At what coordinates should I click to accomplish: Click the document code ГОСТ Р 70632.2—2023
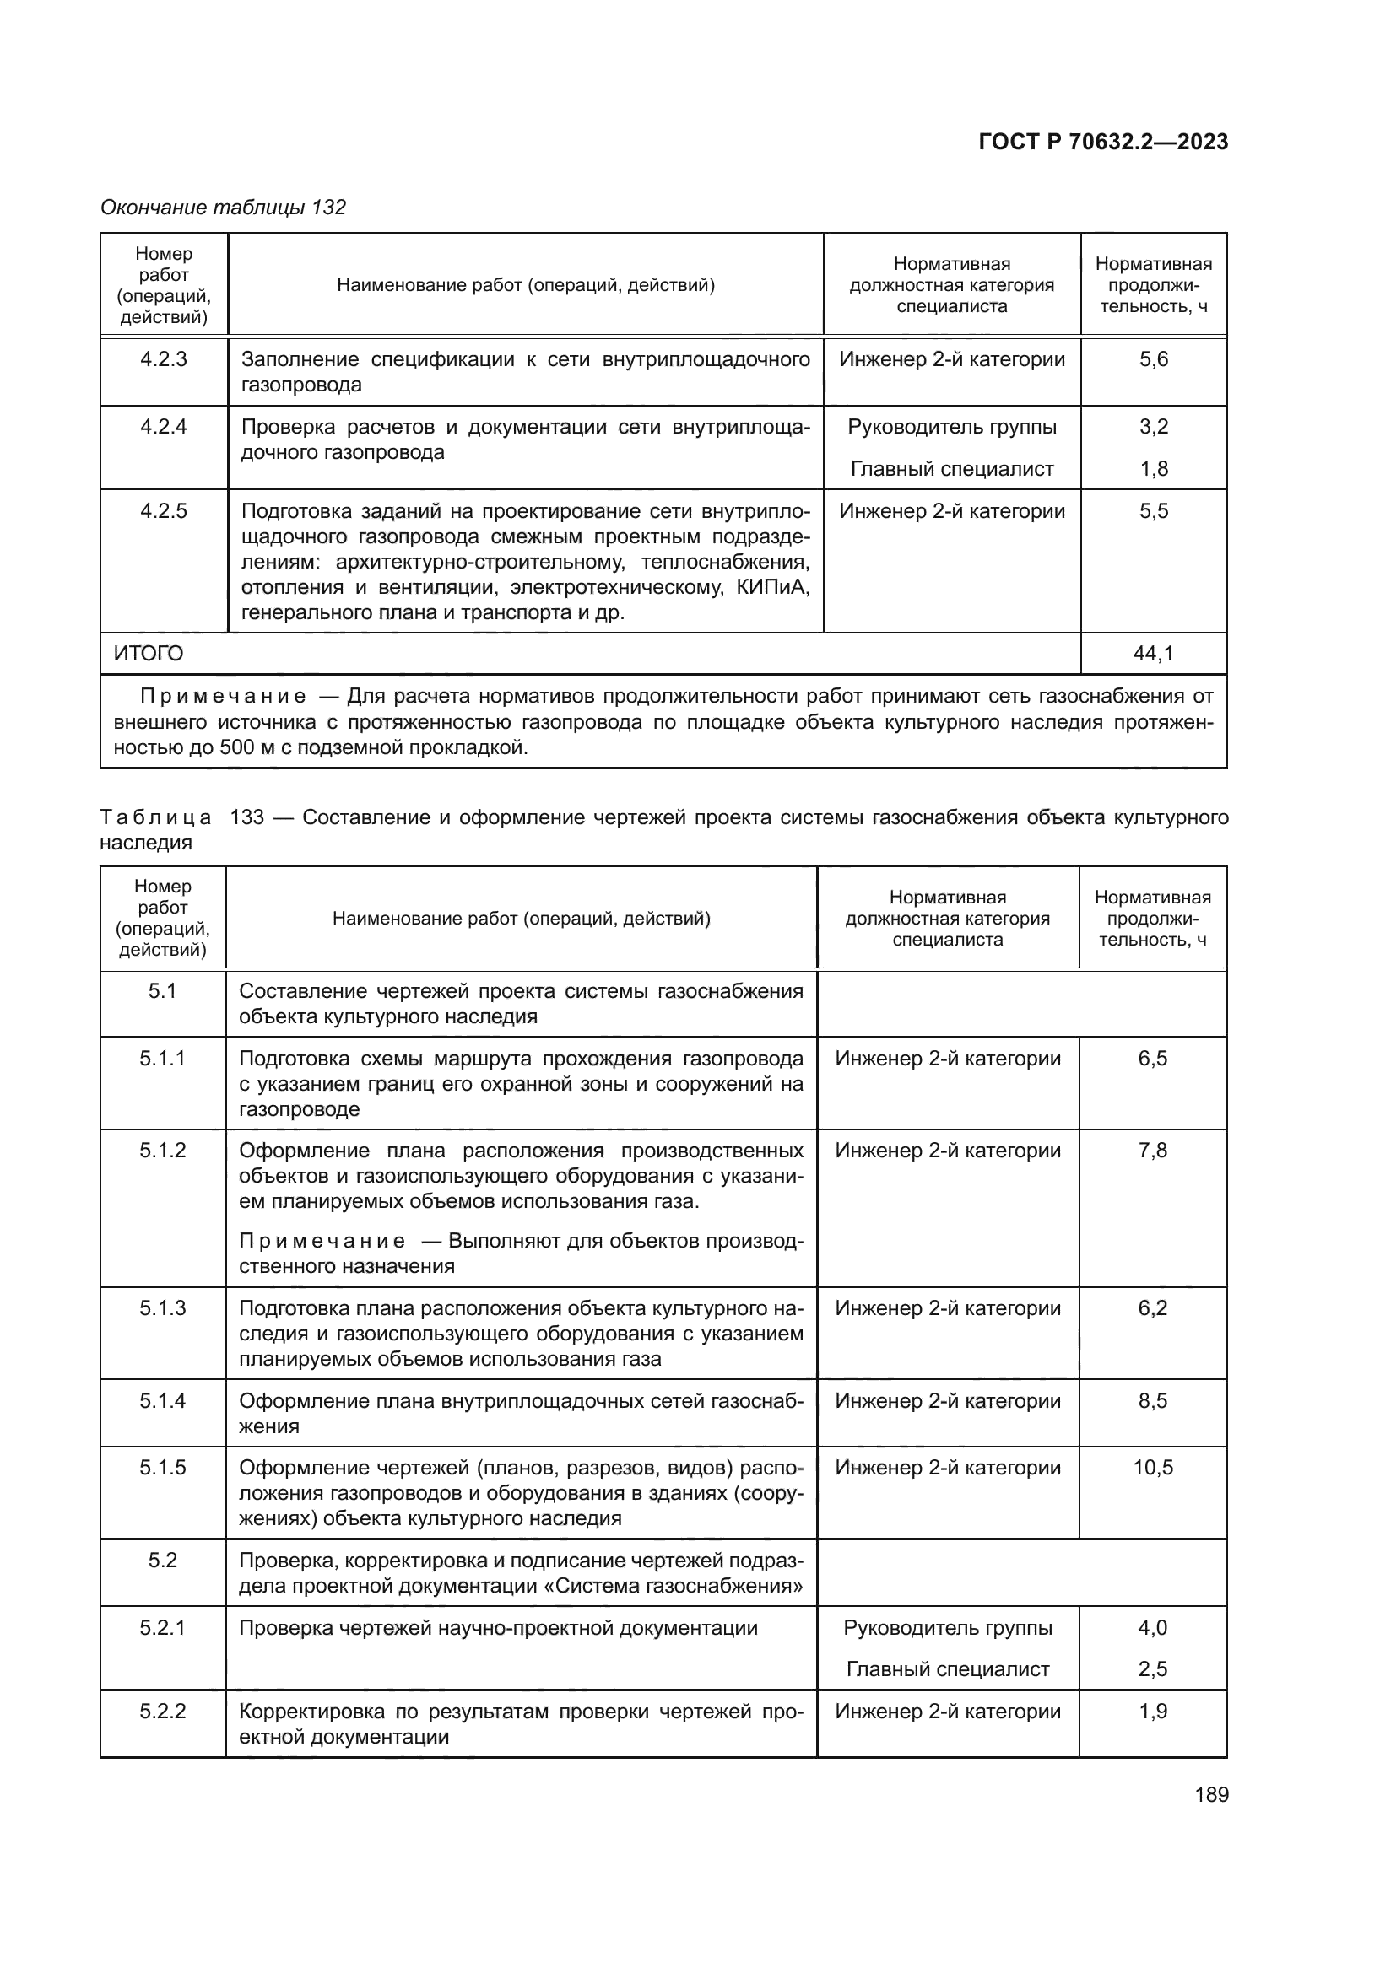tap(1103, 142)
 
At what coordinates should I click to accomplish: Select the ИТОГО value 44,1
tap(1153, 654)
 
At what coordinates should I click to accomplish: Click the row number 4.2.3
tap(164, 359)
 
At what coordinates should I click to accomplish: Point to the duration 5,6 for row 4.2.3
tap(1154, 359)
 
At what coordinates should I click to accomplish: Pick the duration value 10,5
tap(1153, 1468)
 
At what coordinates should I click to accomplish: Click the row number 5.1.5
tap(162, 1468)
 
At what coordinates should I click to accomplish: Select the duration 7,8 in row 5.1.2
tap(1153, 1151)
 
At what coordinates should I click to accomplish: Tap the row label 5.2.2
tap(162, 1711)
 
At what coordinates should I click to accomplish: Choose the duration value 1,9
tap(1153, 1711)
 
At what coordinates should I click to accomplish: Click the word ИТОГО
tap(149, 654)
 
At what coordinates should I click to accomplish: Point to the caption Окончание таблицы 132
tap(224, 208)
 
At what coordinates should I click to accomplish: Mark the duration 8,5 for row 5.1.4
tap(1153, 1401)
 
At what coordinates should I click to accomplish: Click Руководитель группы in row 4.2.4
tap(951, 427)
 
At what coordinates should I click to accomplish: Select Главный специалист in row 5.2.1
tap(947, 1668)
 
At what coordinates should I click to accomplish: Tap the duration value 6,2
tap(1153, 1308)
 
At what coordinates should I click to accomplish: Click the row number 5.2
tap(162, 1560)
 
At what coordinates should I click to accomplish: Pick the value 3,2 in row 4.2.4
tap(1154, 427)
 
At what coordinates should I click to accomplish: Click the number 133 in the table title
tap(246, 817)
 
